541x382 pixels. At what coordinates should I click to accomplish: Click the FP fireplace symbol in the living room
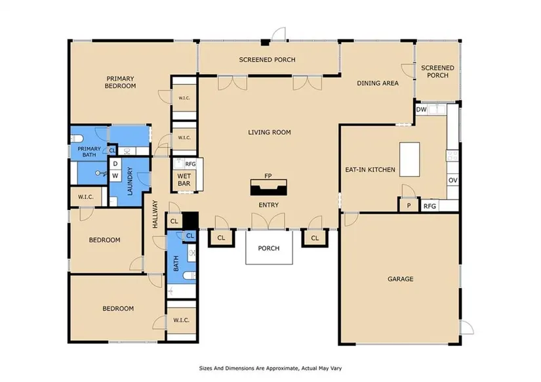point(268,188)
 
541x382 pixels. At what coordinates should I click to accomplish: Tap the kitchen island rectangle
point(410,159)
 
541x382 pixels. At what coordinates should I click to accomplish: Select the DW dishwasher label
point(421,110)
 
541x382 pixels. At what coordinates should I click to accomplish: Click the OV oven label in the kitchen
point(452,180)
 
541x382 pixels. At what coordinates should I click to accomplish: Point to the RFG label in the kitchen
point(430,206)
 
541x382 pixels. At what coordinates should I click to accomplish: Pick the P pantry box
point(409,205)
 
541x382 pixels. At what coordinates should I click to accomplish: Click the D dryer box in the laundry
point(115,163)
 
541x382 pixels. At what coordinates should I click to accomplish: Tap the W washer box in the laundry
point(115,175)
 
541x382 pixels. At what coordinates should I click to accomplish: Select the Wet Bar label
point(184,180)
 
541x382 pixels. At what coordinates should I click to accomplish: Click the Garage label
point(400,279)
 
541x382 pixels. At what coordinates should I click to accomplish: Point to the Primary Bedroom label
point(120,82)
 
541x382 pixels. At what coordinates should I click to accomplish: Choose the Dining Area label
point(378,83)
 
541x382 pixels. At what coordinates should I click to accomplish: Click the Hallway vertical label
point(155,214)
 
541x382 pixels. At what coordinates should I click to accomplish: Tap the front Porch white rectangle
point(269,247)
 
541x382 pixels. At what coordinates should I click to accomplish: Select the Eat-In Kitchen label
point(371,169)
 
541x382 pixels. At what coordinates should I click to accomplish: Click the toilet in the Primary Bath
point(77,138)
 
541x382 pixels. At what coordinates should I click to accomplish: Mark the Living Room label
point(270,132)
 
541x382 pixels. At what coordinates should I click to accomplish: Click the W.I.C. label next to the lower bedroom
point(181,320)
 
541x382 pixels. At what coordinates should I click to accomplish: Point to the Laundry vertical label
point(130,181)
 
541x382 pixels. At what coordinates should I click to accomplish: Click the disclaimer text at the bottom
point(270,368)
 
